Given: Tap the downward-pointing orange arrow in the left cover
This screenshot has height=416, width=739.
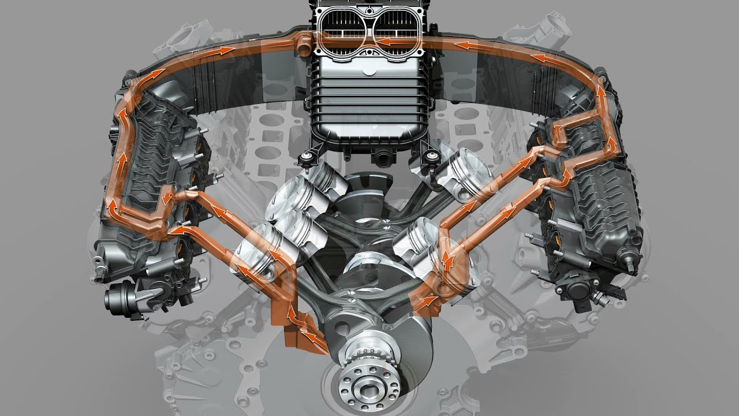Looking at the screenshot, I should click(x=166, y=199).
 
